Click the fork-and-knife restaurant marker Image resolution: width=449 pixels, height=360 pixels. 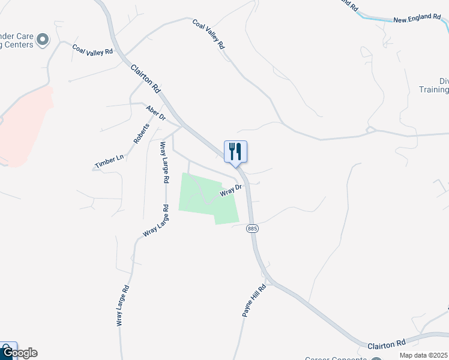[x=235, y=151]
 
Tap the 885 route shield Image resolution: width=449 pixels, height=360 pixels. [x=252, y=229]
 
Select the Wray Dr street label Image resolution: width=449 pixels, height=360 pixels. [x=231, y=191]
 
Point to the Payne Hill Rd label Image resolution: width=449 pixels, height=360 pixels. [x=254, y=301]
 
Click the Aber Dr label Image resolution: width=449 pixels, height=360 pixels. [x=155, y=113]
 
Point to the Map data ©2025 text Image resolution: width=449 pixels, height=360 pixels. [x=423, y=355]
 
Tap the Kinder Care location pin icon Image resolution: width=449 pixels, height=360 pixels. [x=42, y=40]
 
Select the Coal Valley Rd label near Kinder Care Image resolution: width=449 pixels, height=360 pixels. [x=92, y=49]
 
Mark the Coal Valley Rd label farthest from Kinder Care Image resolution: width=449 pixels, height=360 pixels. [x=208, y=34]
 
